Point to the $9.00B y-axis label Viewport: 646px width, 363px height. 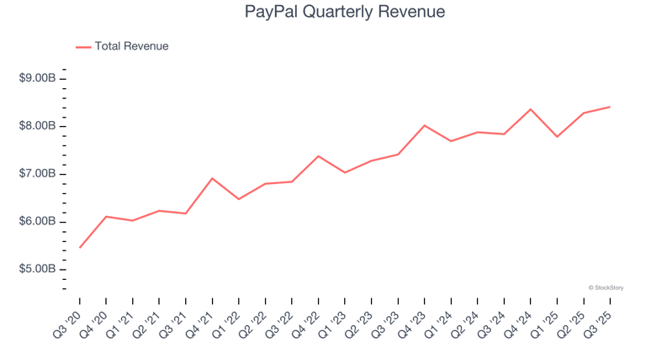point(38,78)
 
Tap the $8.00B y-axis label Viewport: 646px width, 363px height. point(38,126)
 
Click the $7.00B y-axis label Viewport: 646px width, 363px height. point(38,174)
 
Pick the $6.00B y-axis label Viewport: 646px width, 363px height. point(38,222)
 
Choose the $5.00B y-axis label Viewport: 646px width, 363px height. point(38,270)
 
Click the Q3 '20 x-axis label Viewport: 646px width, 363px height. point(69,321)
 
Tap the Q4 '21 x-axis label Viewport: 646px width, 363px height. point(202,321)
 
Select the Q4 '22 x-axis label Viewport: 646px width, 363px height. point(308,321)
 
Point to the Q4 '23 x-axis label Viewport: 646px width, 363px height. point(414,321)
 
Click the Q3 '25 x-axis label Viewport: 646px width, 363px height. point(600,321)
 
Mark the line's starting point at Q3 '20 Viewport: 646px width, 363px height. point(80,247)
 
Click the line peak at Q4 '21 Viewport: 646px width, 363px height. point(213,178)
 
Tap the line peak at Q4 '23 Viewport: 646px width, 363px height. point(425,125)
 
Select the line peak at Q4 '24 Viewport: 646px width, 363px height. point(531,109)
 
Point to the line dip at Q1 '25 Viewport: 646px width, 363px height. point(557,136)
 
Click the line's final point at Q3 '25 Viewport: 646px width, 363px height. point(610,107)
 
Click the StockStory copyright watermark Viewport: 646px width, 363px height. point(606,287)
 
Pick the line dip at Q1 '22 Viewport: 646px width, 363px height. point(239,199)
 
